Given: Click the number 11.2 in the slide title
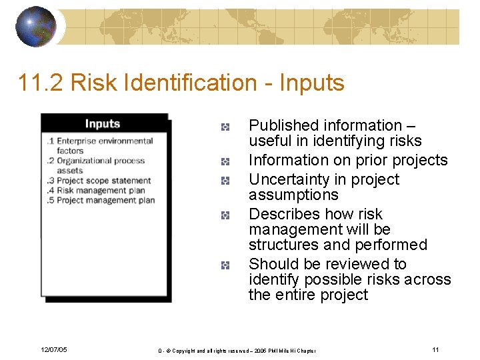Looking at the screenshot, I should (x=41, y=83).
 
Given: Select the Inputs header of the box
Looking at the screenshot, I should (x=102, y=123).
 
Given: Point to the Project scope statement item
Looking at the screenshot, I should (x=103, y=180).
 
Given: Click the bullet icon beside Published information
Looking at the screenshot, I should (x=226, y=126).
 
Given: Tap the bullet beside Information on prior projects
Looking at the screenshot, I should (x=226, y=161).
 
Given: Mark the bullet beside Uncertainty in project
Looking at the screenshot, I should (x=226, y=180).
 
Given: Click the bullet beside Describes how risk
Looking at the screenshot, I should (x=226, y=215).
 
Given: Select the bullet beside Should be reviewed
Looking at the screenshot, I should (x=226, y=265).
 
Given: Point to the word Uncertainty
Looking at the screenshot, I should (x=289, y=179).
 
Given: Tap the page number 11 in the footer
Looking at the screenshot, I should (x=435, y=350).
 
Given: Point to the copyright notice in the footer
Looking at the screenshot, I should (x=237, y=351).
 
